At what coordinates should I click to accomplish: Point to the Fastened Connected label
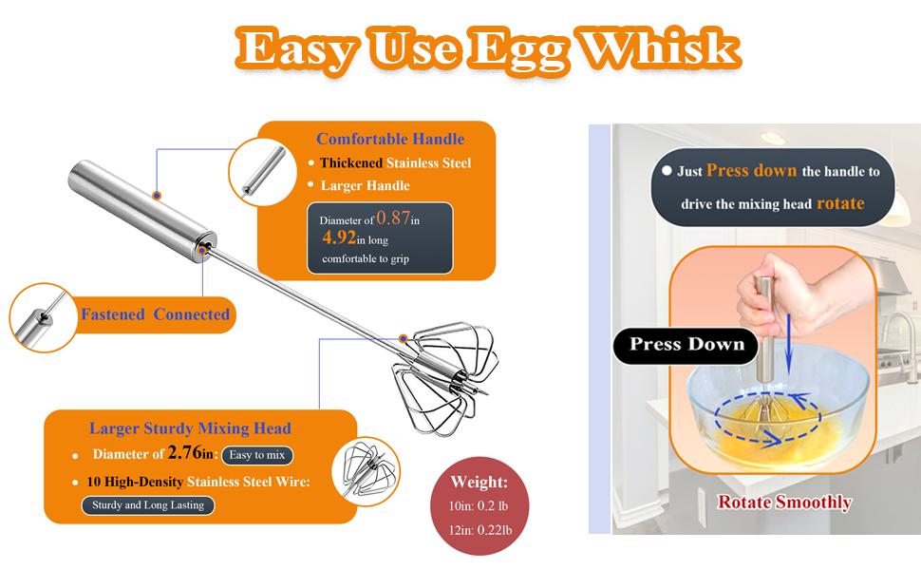pyautogui.click(x=155, y=313)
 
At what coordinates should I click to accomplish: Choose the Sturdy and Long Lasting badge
pyautogui.click(x=147, y=504)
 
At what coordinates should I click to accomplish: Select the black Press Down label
pyautogui.click(x=686, y=344)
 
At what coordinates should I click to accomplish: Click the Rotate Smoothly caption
pyautogui.click(x=783, y=503)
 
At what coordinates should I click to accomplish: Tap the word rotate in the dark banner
pyautogui.click(x=839, y=203)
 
